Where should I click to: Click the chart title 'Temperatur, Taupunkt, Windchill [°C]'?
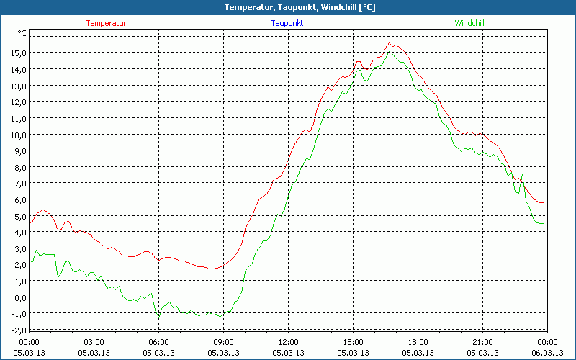(x=289, y=7)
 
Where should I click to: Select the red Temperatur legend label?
(x=106, y=23)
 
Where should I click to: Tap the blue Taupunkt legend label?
(x=287, y=23)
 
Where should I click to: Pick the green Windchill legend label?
(x=469, y=23)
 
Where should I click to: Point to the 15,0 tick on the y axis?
(x=17, y=53)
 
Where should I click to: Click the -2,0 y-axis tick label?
(x=17, y=330)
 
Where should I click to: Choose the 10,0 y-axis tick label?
(x=17, y=135)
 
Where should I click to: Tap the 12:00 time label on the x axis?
(x=288, y=342)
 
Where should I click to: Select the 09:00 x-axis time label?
(x=223, y=342)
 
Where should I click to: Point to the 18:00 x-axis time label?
(x=418, y=342)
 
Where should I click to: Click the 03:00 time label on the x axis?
(x=94, y=342)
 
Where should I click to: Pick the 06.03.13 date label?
(x=547, y=353)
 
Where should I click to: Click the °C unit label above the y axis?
(x=22, y=33)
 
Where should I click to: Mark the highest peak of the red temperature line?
(x=390, y=43)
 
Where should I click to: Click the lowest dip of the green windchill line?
(x=159, y=318)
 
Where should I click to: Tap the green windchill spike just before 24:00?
(x=521, y=174)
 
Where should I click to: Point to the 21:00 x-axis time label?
(x=482, y=342)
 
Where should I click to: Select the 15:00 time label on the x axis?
(x=353, y=342)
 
